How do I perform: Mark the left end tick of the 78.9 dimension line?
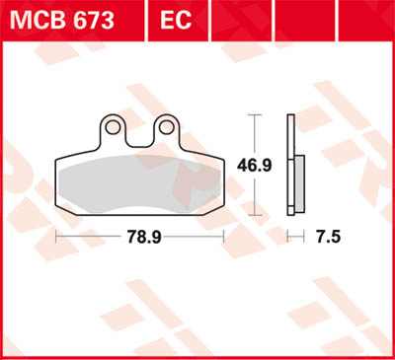tap(56, 238)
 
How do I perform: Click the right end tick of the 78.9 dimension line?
tap(225, 238)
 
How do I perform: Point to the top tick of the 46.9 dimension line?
tap(258, 115)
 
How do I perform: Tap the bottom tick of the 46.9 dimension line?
tap(258, 213)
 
